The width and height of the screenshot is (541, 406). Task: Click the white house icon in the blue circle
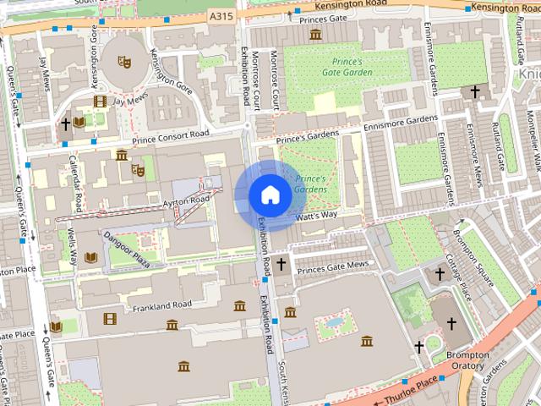coord(270,195)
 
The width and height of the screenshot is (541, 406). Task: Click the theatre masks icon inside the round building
coord(123,61)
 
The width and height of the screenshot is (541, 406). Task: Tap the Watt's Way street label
coord(317,217)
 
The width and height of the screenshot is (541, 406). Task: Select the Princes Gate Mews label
coord(334,267)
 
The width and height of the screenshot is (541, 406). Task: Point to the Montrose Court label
coord(276,82)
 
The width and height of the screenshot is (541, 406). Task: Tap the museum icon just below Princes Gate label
coord(315,34)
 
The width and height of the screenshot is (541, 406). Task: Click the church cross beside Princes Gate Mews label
coord(281,266)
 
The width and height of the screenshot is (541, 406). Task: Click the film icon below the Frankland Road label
coord(108,319)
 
